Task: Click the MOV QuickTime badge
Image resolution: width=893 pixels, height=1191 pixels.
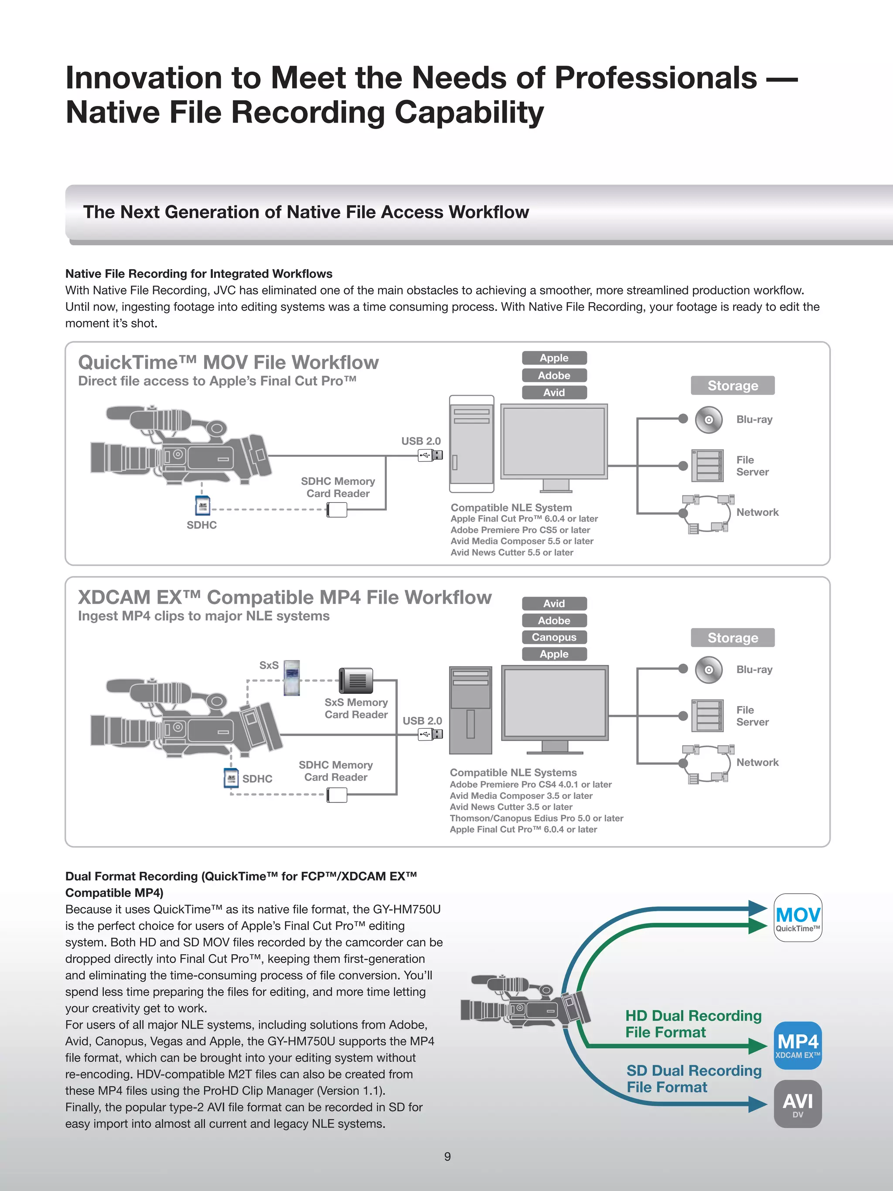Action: (798, 918)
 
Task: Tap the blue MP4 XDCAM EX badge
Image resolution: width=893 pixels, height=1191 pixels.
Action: (798, 1045)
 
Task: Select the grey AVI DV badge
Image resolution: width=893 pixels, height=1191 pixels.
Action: (798, 1104)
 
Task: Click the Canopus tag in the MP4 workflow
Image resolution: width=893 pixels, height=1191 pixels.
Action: (554, 637)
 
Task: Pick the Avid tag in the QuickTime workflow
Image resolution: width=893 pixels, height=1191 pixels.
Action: (554, 392)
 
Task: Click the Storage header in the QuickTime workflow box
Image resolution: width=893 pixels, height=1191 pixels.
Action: (733, 386)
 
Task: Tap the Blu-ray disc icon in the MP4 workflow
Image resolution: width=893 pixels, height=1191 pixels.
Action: (709, 670)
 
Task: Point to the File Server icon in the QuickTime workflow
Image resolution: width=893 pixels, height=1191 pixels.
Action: (707, 466)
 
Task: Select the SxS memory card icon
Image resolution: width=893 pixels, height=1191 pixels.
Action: (292, 678)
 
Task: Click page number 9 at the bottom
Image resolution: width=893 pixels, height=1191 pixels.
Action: (447, 1157)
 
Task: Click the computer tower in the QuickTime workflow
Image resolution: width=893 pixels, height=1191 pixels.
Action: (471, 444)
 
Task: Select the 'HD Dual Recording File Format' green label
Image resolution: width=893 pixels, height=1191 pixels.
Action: (693, 1024)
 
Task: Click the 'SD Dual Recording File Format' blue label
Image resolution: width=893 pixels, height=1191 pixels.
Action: (693, 1078)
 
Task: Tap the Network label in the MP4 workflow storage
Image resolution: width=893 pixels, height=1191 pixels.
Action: (757, 762)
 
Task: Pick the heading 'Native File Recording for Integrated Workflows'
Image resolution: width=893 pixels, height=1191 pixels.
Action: (199, 273)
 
